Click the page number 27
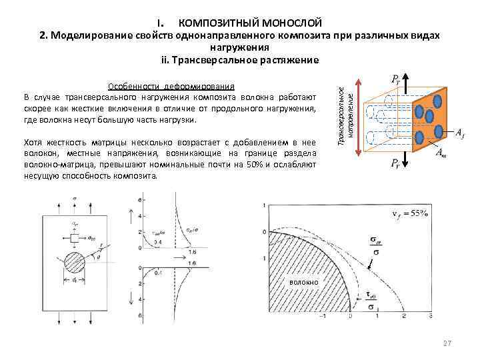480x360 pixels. (447, 343)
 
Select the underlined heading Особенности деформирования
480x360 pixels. (171, 86)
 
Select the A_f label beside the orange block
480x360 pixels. (460, 133)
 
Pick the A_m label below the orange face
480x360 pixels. (441, 154)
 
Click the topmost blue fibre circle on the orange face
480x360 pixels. (438, 102)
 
